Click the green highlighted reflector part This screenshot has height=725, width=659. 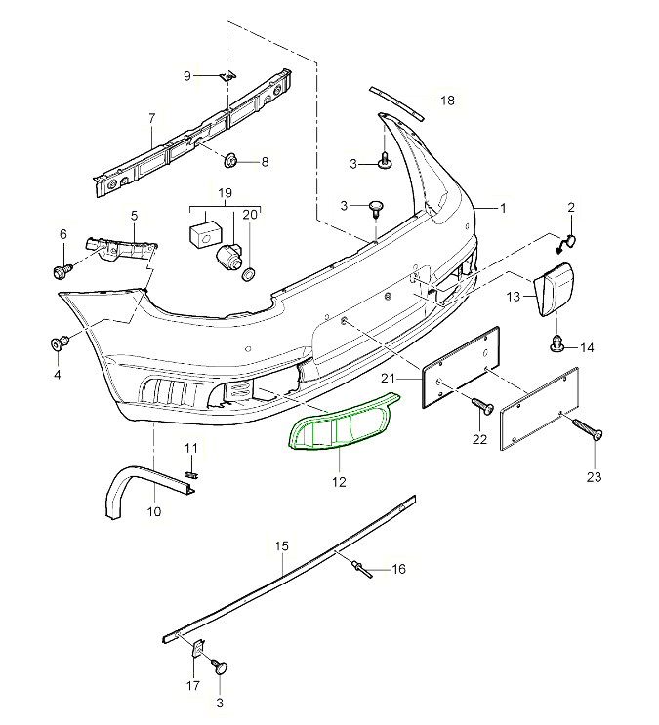coord(336,423)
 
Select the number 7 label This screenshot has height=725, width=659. coord(151,119)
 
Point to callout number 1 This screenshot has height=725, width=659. coord(504,208)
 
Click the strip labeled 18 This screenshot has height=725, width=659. coord(398,101)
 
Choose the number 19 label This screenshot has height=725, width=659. coord(225,193)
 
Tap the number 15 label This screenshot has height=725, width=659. coord(281,547)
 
